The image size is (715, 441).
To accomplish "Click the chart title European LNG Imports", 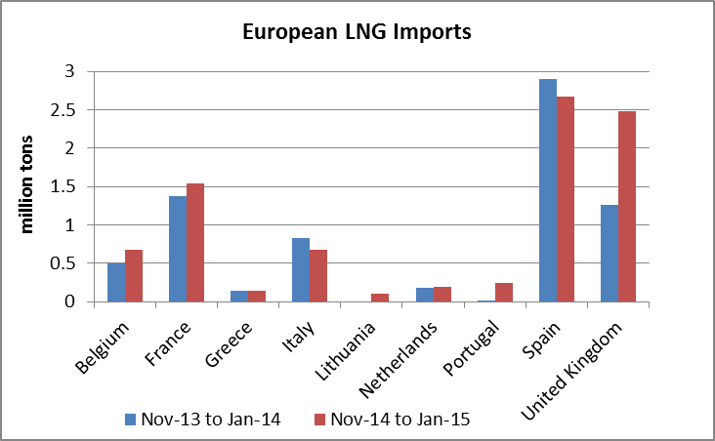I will coord(357,32).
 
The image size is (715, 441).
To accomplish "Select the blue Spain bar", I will coord(547,190).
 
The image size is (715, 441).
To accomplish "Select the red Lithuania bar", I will coord(380,298).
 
